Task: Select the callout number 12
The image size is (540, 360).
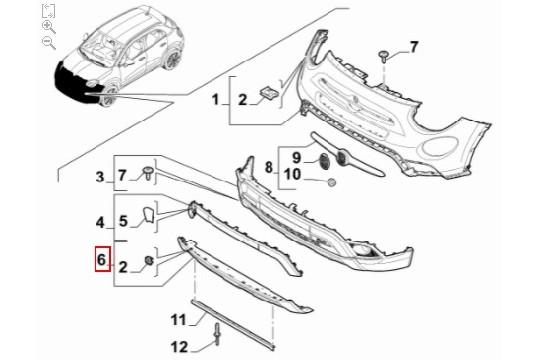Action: [178, 346]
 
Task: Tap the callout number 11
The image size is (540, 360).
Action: [178, 320]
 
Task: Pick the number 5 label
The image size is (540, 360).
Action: [124, 221]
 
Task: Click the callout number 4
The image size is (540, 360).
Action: [100, 221]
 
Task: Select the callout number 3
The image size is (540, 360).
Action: [100, 177]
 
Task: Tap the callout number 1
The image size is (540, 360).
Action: [215, 98]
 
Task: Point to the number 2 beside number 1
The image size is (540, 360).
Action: [240, 98]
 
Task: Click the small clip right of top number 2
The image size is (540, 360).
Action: [269, 92]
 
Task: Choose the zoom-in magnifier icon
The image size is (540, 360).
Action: [48, 27]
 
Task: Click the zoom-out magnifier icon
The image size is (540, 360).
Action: [48, 43]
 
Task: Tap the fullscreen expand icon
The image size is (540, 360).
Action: [48, 11]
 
